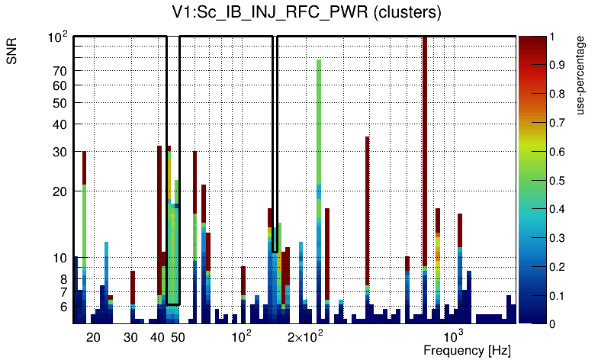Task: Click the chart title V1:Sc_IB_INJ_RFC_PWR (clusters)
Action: (x=306, y=14)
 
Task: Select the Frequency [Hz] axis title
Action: (x=467, y=350)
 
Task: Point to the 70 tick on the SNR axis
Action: (x=60, y=71)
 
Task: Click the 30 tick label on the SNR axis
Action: (x=60, y=152)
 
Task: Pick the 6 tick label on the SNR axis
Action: (x=64, y=307)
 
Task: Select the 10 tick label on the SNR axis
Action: (x=60, y=258)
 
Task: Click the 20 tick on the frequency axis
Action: (x=93, y=336)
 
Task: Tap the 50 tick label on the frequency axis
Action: (x=178, y=336)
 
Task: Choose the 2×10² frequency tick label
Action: (x=305, y=336)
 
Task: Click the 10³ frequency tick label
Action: (x=454, y=336)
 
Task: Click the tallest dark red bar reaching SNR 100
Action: (x=425, y=153)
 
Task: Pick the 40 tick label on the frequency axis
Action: (x=158, y=336)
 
